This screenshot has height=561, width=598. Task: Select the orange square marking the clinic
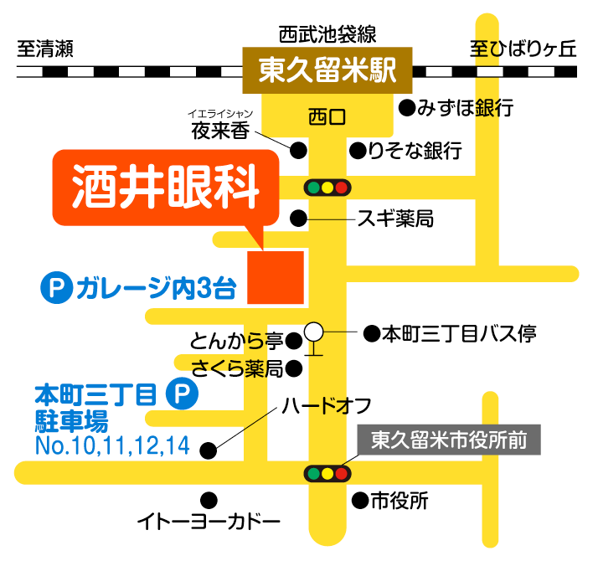point(275,275)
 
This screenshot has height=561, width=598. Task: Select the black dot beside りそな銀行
point(357,151)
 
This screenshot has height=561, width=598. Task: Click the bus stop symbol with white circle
point(314,334)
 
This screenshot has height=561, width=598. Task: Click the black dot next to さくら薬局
point(293,368)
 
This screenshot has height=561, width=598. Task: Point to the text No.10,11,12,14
point(112,445)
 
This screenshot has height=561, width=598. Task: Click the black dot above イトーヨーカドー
point(209,501)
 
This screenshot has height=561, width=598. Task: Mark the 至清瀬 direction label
point(46,49)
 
